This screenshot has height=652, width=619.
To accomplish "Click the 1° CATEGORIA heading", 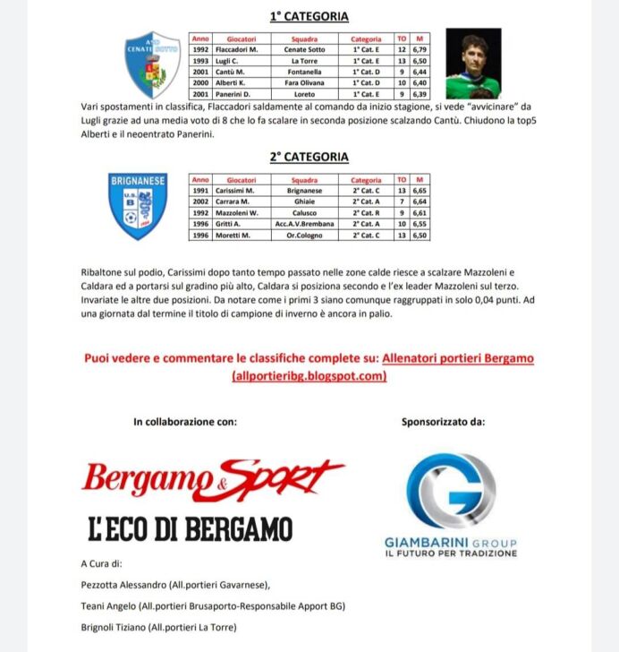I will tap(309, 16).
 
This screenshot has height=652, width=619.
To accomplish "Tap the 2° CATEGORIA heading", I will tap(309, 157).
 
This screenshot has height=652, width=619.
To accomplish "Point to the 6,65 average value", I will tap(419, 191).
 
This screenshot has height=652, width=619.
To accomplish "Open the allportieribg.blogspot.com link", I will tap(309, 376).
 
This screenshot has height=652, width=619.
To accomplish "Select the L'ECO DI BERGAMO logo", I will tap(190, 528).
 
